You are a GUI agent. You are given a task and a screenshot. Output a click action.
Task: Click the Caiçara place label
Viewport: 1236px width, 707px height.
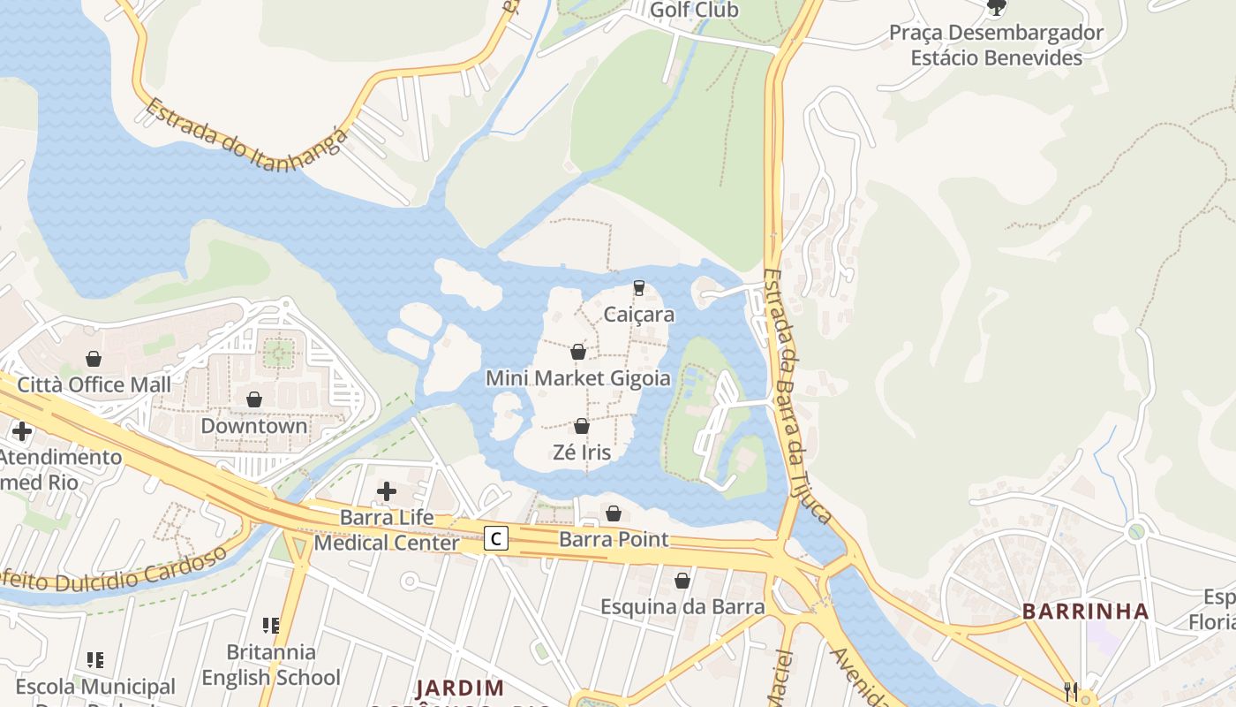[638, 315]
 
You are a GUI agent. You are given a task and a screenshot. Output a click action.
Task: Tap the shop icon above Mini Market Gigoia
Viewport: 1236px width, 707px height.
[578, 352]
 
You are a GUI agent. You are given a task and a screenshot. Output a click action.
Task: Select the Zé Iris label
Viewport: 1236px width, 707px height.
[581, 452]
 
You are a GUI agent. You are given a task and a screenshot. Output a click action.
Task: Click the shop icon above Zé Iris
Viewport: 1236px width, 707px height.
[581, 426]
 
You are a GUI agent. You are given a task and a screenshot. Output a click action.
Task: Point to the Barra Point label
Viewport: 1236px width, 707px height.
[614, 539]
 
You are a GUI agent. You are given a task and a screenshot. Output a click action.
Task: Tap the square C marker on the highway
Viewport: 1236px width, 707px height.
[496, 537]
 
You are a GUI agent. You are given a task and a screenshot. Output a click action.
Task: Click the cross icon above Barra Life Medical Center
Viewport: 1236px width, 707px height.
[387, 491]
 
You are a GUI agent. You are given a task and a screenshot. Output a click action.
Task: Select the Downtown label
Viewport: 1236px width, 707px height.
[254, 426]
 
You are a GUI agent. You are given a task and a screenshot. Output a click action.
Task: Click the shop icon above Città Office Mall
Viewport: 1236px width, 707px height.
[94, 359]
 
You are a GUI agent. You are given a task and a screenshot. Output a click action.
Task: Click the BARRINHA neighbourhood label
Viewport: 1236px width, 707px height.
[1086, 611]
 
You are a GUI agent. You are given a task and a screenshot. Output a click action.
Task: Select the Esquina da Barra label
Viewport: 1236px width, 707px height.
[682, 607]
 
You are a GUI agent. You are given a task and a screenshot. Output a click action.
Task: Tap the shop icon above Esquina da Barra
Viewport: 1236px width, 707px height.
[682, 581]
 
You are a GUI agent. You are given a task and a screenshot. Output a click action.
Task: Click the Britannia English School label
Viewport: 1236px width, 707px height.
[271, 665]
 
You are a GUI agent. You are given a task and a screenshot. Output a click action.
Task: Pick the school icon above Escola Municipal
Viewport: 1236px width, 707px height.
[95, 659]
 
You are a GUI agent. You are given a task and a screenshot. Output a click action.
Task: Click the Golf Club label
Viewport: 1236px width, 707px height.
[693, 10]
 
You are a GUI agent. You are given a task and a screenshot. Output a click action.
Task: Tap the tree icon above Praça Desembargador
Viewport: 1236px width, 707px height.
[996, 8]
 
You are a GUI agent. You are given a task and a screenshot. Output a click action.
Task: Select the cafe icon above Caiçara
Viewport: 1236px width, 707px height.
[638, 288]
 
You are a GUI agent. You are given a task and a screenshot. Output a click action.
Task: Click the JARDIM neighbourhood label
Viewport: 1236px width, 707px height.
[459, 688]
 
